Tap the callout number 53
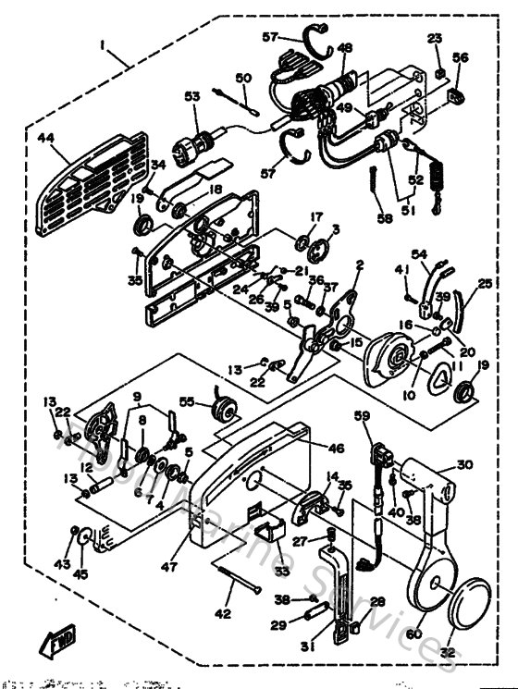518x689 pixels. tap(192, 96)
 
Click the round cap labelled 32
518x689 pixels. tap(476, 614)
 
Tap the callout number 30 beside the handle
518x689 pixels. tap(463, 465)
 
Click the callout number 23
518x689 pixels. tap(436, 38)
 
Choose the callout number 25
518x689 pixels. tap(486, 285)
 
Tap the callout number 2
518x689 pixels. tap(360, 265)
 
